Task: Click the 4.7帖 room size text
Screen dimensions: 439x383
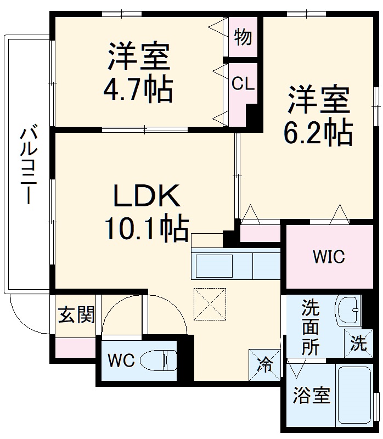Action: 138,88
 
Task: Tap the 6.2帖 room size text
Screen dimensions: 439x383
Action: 317,131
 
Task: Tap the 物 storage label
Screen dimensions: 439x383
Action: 243,37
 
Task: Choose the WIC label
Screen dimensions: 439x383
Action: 329,256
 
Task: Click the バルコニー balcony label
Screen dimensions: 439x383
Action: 28,165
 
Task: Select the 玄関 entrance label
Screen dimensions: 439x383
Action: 77,315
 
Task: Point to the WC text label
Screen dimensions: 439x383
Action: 121,361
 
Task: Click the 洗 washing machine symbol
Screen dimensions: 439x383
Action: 359,344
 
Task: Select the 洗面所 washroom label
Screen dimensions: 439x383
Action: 310,328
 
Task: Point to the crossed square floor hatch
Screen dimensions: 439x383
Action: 210,303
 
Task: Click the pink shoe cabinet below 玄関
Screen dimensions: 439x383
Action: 75,348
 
